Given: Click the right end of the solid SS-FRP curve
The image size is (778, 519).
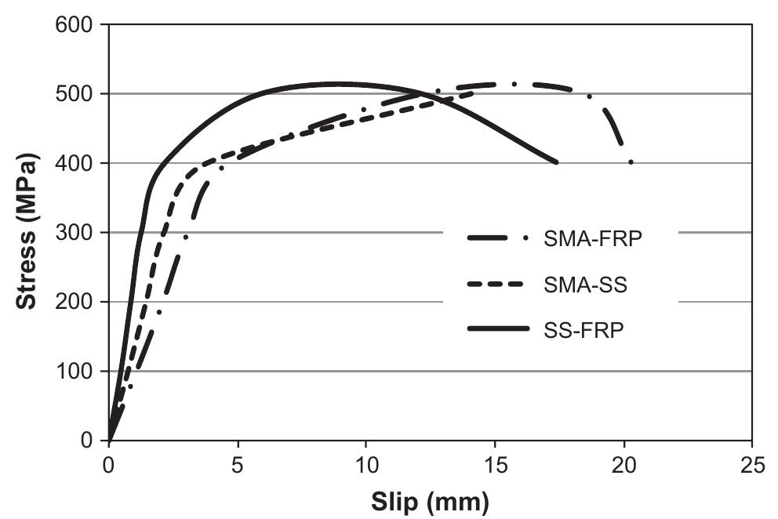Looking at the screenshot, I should [556, 162].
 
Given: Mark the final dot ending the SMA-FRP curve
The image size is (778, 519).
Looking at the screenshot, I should [631, 162].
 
